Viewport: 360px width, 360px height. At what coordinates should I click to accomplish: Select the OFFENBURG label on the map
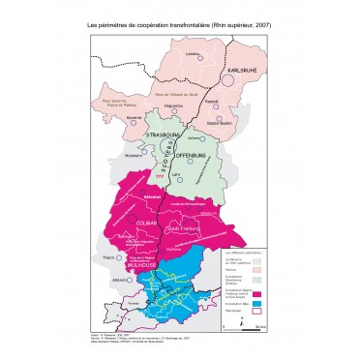click(189, 155)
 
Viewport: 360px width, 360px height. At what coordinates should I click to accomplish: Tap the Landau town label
click(193, 54)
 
